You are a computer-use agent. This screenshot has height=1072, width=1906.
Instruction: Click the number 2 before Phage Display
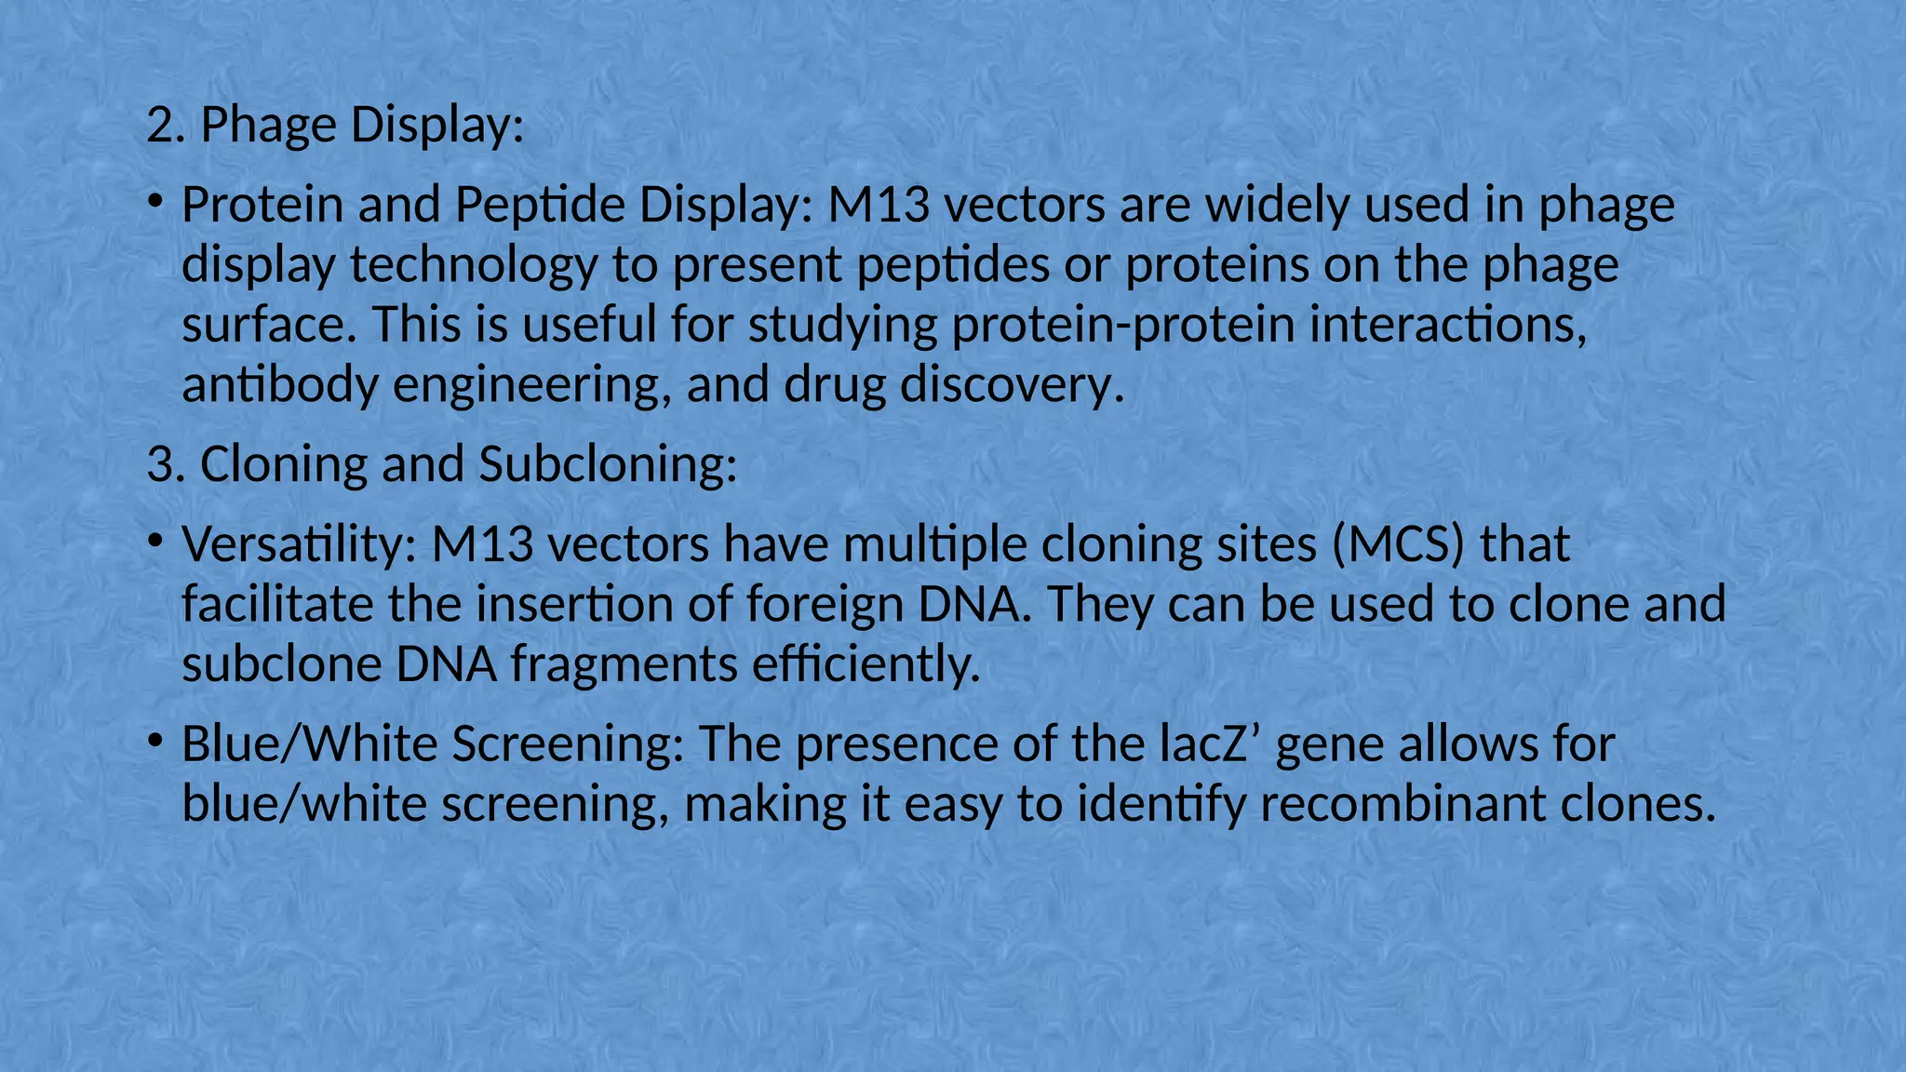pos(160,126)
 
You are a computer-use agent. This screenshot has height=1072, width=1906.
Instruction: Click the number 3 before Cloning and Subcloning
pos(160,464)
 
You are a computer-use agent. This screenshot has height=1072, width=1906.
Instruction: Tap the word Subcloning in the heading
pos(607,464)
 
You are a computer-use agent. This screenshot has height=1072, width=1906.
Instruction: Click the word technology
pos(473,265)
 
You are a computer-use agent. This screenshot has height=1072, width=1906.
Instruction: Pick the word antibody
pos(279,384)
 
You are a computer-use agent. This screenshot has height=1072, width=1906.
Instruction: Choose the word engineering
pos(531,384)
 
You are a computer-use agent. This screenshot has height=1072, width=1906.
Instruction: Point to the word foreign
pos(825,605)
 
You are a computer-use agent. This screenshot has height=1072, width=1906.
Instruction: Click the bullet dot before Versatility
pos(155,541)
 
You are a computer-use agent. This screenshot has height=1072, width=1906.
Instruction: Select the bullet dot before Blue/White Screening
pos(155,741)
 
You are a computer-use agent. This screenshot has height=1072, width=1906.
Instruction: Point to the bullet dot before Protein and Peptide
pos(155,201)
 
